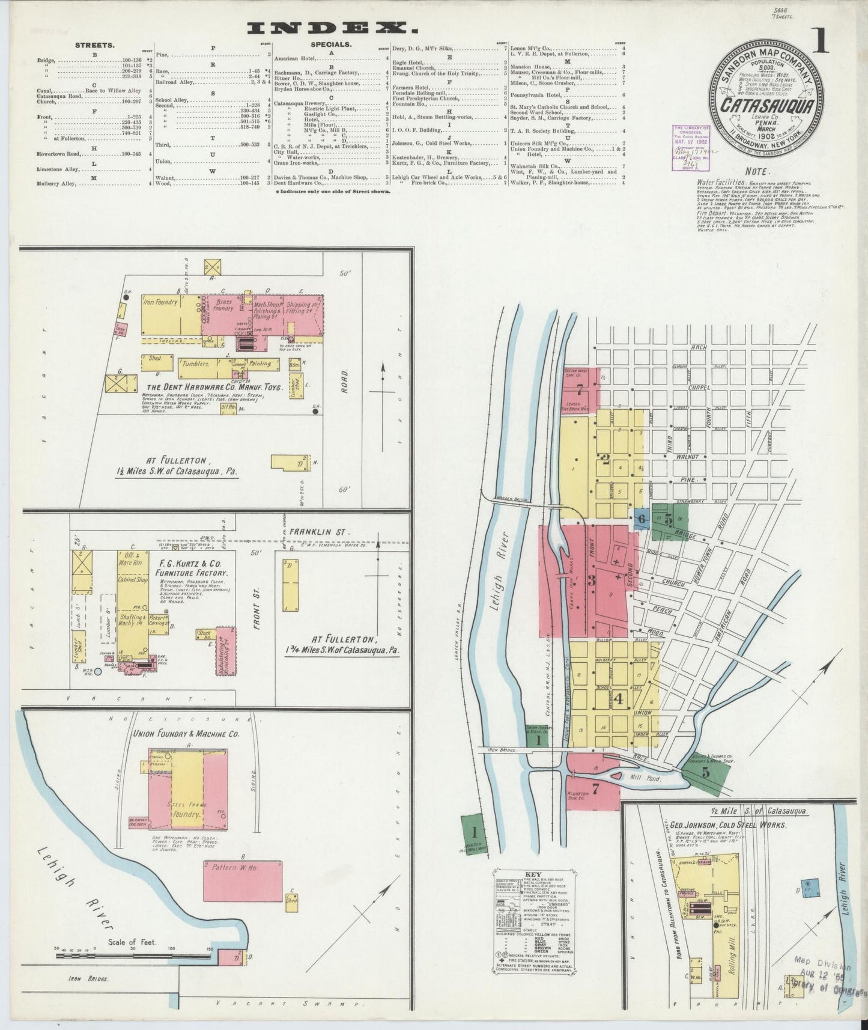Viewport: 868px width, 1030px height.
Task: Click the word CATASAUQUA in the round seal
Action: (x=767, y=106)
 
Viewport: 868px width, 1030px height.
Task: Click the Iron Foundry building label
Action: (x=160, y=302)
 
